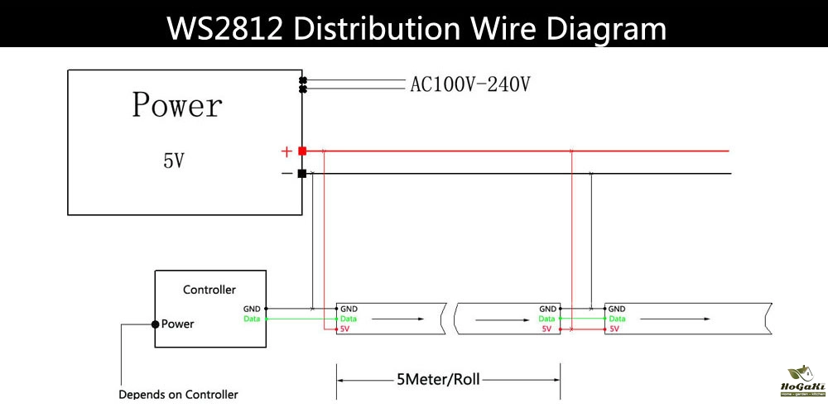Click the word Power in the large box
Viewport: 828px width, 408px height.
pyautogui.click(x=177, y=106)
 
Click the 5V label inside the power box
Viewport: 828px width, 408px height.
pyautogui.click(x=173, y=161)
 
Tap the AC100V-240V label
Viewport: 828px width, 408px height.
pyautogui.click(x=469, y=84)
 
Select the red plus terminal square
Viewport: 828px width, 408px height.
pyautogui.click(x=302, y=151)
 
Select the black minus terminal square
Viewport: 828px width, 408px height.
pyautogui.click(x=302, y=174)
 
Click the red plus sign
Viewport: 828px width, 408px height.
pyautogui.click(x=286, y=151)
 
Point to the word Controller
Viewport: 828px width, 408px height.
pyautogui.click(x=209, y=290)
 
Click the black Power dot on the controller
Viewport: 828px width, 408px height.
pyautogui.click(x=155, y=324)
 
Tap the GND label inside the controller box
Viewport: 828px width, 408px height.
pyautogui.click(x=252, y=309)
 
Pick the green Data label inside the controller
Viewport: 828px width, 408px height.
pyautogui.click(x=252, y=319)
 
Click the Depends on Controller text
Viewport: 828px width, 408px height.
pyautogui.click(x=178, y=395)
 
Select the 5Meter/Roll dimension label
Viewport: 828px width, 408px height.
pyautogui.click(x=438, y=381)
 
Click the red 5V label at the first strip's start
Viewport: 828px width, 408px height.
pyautogui.click(x=345, y=329)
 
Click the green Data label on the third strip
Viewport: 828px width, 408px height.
pyautogui.click(x=618, y=319)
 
